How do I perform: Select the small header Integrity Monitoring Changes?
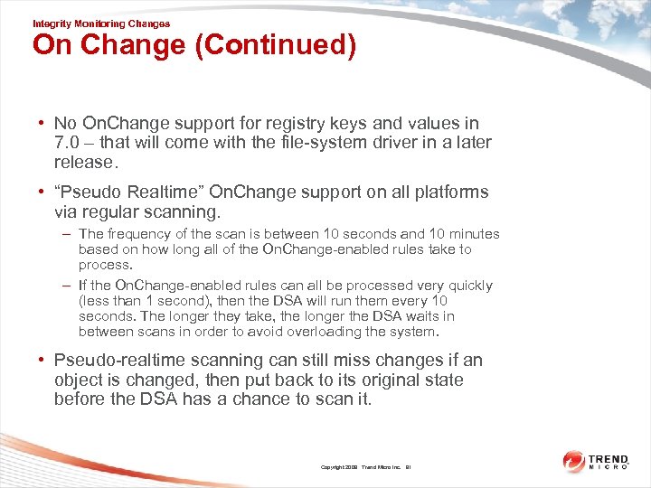[x=100, y=23]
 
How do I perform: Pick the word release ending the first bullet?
[x=85, y=163]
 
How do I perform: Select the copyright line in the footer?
[x=365, y=467]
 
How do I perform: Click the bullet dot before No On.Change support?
[x=42, y=124]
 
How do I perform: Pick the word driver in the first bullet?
[x=390, y=143]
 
